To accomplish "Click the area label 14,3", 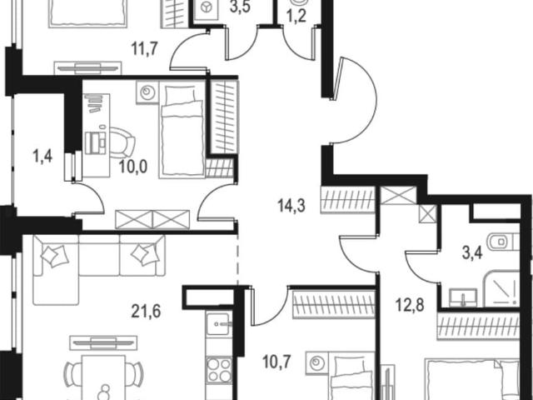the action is coord(291,206).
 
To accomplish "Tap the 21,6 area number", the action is coord(146,311).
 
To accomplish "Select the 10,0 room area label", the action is coord(133,167).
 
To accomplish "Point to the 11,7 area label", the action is coord(145,49).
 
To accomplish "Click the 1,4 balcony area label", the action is coord(42,157).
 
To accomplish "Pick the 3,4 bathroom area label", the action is coord(472,253).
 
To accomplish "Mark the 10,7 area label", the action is coord(276,362).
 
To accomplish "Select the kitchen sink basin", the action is coord(218,324).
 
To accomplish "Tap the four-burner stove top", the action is coord(219,370).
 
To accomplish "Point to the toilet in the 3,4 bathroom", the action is coord(503,242).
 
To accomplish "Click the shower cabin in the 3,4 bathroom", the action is coord(501,287).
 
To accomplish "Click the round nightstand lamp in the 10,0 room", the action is coord(148,92).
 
